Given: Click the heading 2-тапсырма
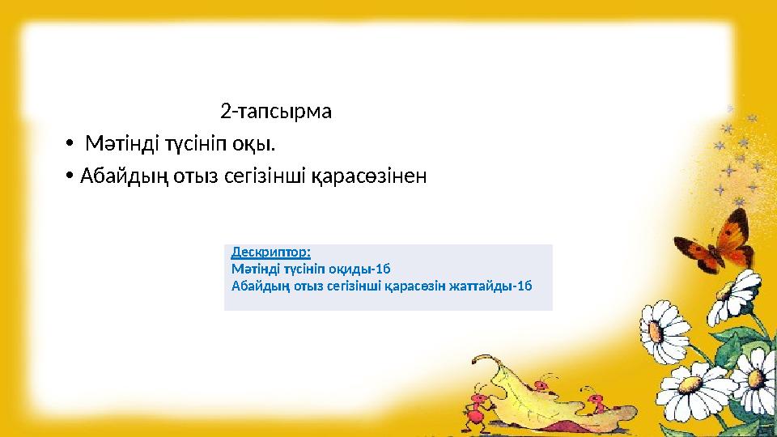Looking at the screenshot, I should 275,111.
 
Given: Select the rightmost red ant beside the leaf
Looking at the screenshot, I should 597,402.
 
